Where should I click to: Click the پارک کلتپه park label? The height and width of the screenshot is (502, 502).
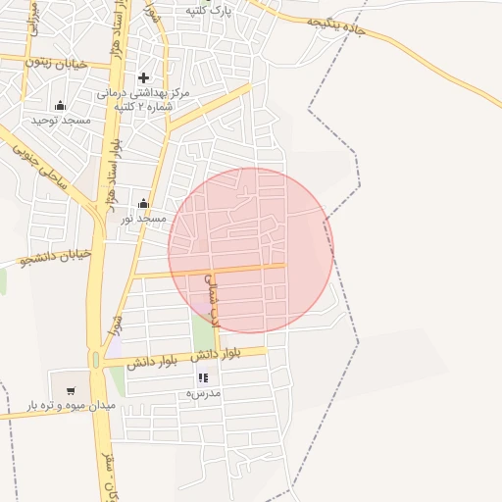coord(208,10)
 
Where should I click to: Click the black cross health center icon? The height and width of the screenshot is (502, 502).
coord(143,77)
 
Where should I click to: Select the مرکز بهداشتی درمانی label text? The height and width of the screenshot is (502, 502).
coord(142,93)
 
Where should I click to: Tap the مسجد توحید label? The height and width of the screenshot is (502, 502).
coord(61,120)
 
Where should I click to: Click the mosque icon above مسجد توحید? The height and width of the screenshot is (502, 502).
coord(61,105)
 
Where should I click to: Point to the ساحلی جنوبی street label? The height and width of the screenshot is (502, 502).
coord(40,166)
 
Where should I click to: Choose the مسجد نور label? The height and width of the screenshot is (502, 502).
coord(143,218)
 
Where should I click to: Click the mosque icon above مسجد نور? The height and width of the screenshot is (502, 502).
coord(143,204)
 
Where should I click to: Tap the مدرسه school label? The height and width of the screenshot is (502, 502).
coord(204,392)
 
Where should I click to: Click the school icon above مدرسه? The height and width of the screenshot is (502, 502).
coord(204,377)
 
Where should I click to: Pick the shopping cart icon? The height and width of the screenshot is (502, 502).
coord(71,390)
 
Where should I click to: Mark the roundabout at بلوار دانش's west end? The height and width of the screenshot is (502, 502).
coord(96,360)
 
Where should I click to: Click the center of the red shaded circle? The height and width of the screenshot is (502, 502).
coord(251,250)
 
